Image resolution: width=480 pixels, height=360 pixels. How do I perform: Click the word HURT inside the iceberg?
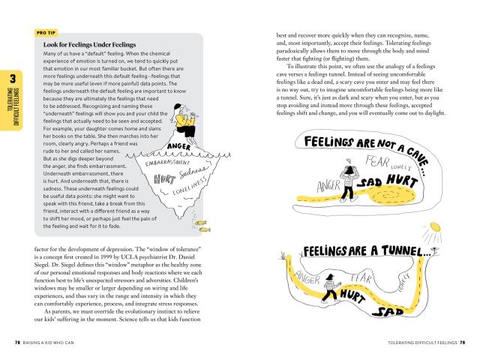(x=163, y=179)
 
